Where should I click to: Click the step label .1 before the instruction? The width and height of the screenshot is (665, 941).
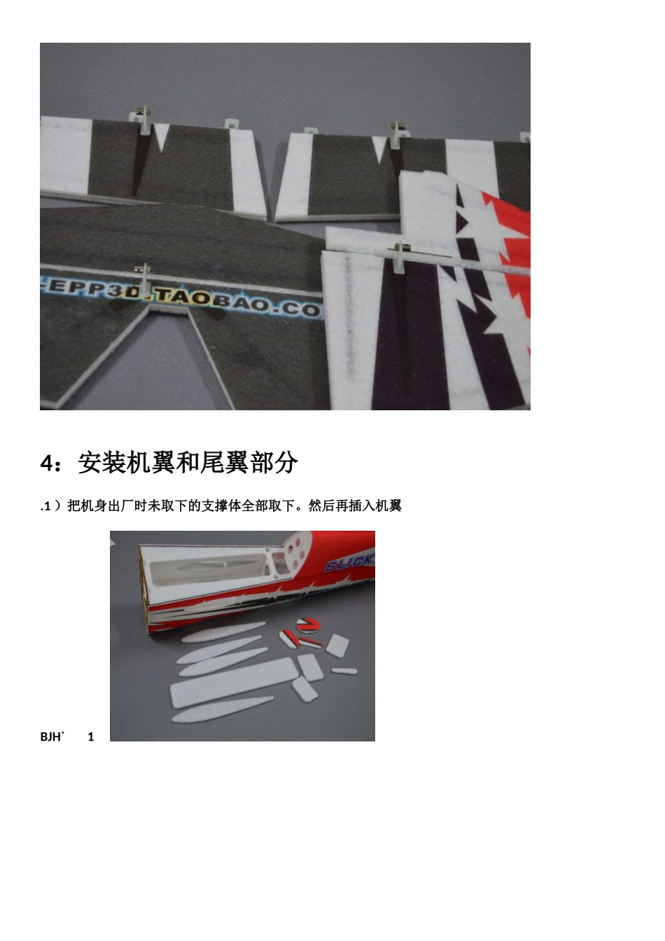pos(46,506)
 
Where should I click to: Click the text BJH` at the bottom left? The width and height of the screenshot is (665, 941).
pos(52,737)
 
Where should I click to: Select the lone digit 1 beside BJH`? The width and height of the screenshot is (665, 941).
pos(91,737)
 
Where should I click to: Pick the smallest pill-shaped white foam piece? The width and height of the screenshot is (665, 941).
pos(344,671)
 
